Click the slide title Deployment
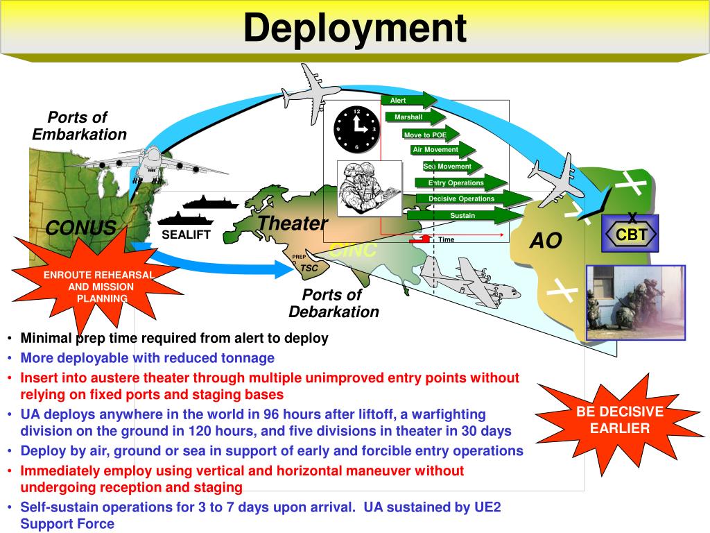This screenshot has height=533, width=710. coord(354,29)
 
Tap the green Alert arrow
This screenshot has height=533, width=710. coord(407,101)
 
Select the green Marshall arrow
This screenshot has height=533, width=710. coord(414,117)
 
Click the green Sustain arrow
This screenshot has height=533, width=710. coord(463,216)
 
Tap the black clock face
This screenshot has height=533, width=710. coord(356,130)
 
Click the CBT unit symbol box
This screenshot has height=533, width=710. coord(630,235)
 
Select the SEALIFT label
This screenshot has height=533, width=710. coord(186,235)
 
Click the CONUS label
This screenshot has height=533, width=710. coord(80,228)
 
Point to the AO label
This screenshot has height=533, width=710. coord(546,241)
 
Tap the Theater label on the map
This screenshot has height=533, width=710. coord(292,223)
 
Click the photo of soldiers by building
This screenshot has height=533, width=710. coord(635,303)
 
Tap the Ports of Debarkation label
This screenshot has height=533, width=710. coord(334,303)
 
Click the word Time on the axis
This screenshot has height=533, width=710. coord(446,240)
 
